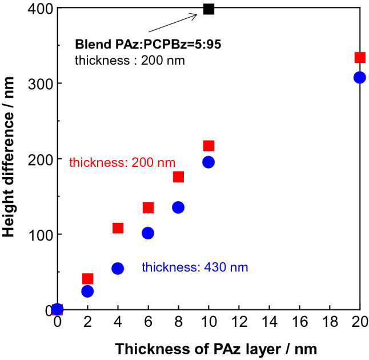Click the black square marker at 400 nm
(208, 9)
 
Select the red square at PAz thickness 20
(360, 57)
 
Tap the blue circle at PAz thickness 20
(359, 78)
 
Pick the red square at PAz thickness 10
(208, 146)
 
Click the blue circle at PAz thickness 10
(208, 162)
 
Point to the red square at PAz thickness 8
(178, 177)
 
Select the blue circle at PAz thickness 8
(178, 207)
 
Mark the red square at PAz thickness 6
(148, 207)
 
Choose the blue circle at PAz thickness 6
(148, 233)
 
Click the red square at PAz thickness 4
(118, 228)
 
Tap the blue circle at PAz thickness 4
(118, 269)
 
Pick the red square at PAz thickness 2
(88, 279)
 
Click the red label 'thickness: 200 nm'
(122, 163)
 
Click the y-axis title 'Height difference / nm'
(10, 159)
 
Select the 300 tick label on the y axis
(37, 83)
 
